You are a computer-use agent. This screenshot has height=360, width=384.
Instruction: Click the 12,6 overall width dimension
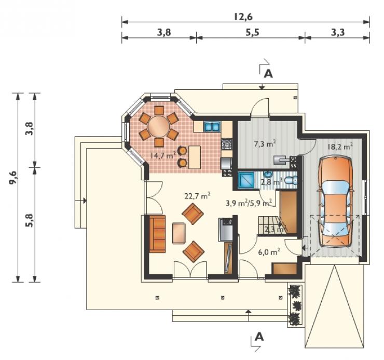point(243,17)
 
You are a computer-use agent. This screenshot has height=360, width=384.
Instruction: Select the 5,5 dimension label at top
point(252,32)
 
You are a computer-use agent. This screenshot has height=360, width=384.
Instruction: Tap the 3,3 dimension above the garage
point(338,32)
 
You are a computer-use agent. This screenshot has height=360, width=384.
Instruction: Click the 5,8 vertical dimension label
point(30,220)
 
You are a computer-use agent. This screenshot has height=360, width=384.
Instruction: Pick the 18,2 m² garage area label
point(340,146)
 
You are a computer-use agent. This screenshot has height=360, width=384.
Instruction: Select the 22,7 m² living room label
point(197,196)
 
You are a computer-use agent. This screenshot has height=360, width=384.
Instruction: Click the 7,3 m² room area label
point(265,144)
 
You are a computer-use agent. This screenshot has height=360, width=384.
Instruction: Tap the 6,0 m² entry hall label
point(269,252)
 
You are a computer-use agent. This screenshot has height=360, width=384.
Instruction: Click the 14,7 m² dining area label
point(163,155)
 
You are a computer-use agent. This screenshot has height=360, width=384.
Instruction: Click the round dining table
point(159,127)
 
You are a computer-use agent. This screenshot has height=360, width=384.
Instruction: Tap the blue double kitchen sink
point(212,127)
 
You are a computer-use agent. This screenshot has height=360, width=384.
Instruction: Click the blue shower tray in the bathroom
point(246,180)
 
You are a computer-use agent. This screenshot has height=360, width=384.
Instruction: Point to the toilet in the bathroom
point(292,181)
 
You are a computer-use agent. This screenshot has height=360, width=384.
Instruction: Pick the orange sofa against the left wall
point(157,234)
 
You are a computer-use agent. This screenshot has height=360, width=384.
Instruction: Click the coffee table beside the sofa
point(179,233)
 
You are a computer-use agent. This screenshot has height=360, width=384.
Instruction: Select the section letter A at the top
point(268,74)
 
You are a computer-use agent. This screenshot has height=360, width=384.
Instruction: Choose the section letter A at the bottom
point(259,337)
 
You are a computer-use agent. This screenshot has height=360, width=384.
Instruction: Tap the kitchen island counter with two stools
point(195,157)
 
